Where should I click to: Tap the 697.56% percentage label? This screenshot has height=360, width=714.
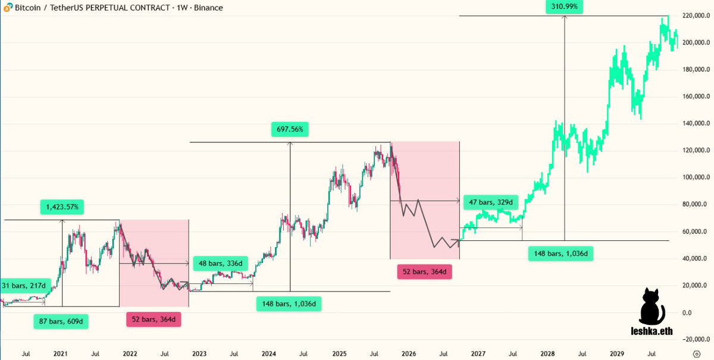coord(290,129)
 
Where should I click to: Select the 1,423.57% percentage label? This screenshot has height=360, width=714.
coord(62,208)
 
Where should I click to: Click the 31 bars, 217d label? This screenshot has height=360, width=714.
coord(23,286)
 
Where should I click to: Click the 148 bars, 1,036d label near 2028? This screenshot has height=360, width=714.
coord(560,254)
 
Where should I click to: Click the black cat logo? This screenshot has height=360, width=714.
coord(652,306)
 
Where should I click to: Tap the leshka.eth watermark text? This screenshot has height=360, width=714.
coord(653,331)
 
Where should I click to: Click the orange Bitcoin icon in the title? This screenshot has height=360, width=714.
coord(6,8)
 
